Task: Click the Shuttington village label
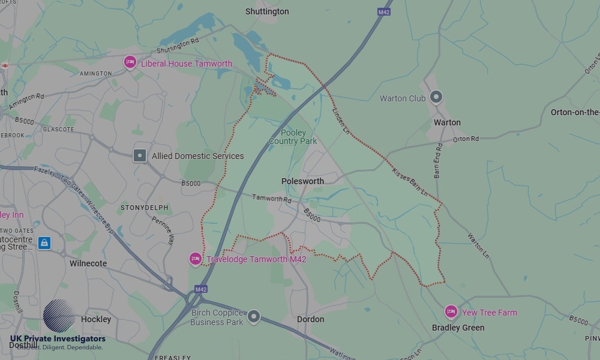tap(267, 11)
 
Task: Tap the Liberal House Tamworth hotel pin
tap(130, 62)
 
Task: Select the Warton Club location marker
tap(436, 97)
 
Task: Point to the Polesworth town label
tap(302, 181)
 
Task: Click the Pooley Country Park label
tap(292, 137)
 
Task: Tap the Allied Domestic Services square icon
tap(139, 155)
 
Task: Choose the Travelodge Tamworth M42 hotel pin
tap(195, 259)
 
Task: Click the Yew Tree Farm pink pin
tap(451, 311)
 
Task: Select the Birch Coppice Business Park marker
tap(254, 316)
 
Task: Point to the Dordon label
tap(310, 319)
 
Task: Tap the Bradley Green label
tap(458, 328)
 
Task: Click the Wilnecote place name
tap(88, 263)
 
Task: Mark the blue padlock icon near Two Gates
tap(44, 243)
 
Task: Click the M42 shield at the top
tap(384, 11)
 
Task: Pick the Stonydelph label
tap(145, 208)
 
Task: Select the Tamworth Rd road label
tap(271, 198)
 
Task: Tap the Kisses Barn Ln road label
tap(410, 183)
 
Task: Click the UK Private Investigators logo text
tap(58, 340)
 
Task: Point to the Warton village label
tap(447, 122)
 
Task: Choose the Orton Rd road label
tap(466, 139)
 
